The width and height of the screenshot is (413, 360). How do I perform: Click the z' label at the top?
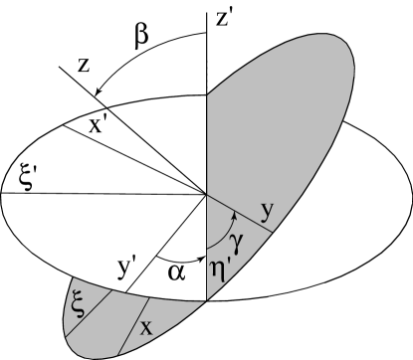225,18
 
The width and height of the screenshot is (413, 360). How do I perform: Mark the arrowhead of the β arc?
100,93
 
